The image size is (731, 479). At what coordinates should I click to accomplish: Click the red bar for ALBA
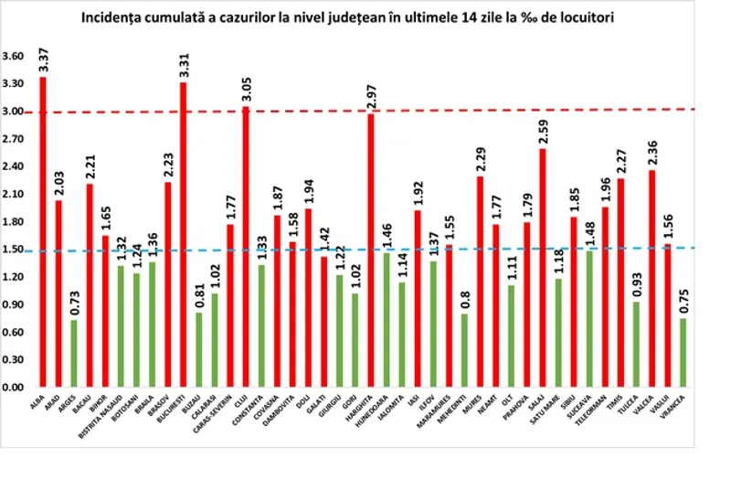tap(43, 232)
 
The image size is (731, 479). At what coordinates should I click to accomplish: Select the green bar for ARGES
tap(75, 354)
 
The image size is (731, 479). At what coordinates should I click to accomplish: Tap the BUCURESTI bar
tap(184, 235)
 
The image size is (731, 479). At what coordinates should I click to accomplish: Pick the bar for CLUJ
tap(247, 247)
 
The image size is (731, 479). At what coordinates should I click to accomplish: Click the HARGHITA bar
tap(372, 250)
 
